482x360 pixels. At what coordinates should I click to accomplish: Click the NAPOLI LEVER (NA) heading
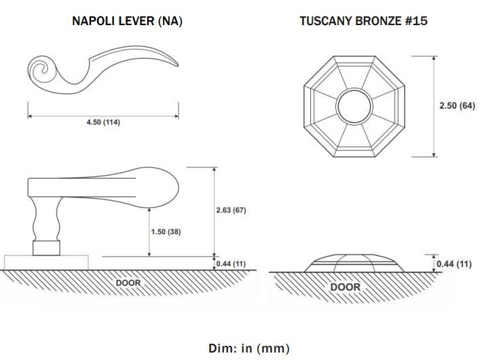pos(127,21)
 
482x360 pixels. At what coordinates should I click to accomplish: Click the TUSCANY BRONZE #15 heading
pos(363,21)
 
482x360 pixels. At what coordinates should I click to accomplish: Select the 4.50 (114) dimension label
pos(103,122)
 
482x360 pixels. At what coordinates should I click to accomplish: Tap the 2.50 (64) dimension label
pos(457,105)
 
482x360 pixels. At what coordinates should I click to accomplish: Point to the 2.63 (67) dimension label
pos(231,210)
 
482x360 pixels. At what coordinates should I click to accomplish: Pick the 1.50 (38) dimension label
pos(166,232)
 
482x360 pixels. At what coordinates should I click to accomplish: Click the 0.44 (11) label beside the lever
pos(231,264)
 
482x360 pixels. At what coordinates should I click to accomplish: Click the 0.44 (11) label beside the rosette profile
pos(453,264)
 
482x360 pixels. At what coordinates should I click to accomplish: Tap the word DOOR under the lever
pos(128,283)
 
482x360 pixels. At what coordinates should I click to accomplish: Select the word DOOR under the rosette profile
pos(346,287)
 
